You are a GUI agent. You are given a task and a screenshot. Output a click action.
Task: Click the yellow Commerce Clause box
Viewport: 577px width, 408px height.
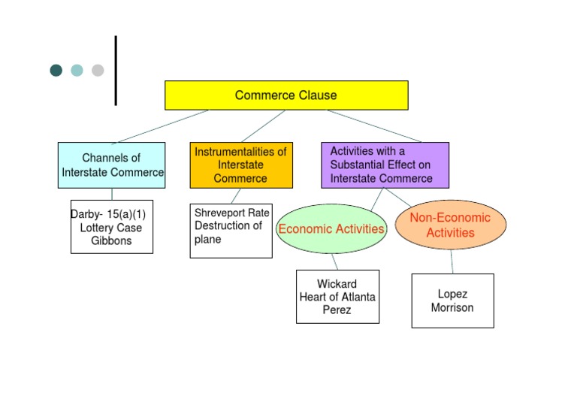point(286,95)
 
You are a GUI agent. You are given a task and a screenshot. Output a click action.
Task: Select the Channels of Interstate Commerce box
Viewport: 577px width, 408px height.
point(111,165)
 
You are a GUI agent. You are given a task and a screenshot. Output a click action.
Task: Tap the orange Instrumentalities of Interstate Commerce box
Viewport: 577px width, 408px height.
point(240,165)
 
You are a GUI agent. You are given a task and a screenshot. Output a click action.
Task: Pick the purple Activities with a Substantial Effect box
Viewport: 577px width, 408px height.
point(385,165)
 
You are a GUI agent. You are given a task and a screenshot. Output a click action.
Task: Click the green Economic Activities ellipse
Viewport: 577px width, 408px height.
point(331,228)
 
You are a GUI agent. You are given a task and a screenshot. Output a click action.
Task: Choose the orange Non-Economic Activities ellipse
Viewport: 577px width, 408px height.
point(450,225)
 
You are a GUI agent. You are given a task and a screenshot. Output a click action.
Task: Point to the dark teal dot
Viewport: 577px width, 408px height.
point(56,71)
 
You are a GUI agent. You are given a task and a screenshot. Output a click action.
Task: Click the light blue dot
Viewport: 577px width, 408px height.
point(77,71)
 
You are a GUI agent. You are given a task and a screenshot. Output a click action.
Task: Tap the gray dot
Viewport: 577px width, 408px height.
point(98,71)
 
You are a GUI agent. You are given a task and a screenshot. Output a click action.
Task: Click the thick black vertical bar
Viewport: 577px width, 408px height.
point(116,71)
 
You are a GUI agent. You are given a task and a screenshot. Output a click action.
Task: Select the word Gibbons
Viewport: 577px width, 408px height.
point(111,241)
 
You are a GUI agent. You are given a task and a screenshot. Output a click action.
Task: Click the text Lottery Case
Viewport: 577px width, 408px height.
point(111,228)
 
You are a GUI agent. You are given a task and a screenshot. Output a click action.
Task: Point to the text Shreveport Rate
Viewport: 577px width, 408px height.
point(231,213)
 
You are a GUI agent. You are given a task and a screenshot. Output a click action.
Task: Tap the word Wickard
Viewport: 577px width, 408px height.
point(337,284)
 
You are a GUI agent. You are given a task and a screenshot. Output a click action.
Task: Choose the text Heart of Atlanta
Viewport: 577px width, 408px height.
point(337,297)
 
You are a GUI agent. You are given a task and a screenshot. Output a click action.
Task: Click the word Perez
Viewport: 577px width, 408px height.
point(337,310)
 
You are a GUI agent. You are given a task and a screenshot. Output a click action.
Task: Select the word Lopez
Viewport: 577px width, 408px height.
point(452,294)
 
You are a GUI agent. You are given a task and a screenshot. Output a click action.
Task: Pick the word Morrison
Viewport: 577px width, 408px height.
point(452,307)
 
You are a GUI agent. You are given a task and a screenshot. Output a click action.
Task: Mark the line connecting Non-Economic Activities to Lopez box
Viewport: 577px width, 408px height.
point(452,261)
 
